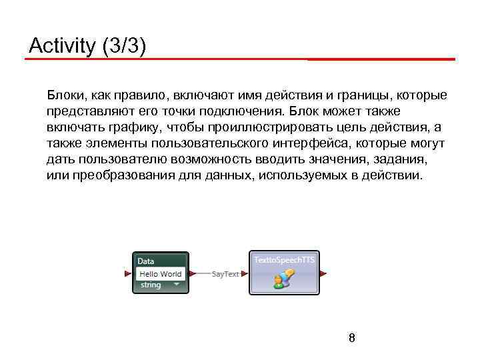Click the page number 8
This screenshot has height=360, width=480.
click(x=351, y=338)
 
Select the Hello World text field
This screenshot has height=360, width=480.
click(x=160, y=273)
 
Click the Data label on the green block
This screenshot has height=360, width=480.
click(x=146, y=261)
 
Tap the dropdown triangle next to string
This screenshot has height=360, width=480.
click(x=177, y=285)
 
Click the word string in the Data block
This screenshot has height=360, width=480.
click(x=151, y=285)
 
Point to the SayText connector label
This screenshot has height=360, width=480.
click(x=225, y=274)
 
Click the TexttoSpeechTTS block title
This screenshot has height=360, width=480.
click(x=285, y=259)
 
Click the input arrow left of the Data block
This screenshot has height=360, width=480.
click(x=128, y=273)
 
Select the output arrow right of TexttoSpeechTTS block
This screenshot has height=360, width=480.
click(x=323, y=273)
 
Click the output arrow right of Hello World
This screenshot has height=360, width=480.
click(x=193, y=273)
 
